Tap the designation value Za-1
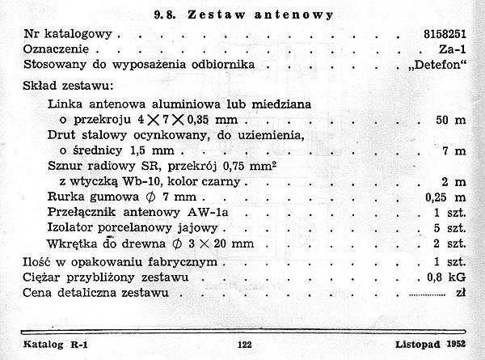(x=452, y=50)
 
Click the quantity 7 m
(x=458, y=151)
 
